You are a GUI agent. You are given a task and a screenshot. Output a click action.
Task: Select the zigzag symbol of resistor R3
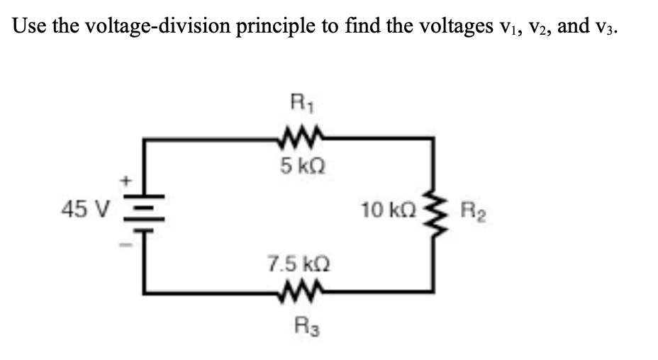[x=301, y=291]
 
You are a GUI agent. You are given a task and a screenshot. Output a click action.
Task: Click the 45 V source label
[x=84, y=209]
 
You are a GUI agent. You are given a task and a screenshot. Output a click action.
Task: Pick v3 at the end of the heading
[x=613, y=27]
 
